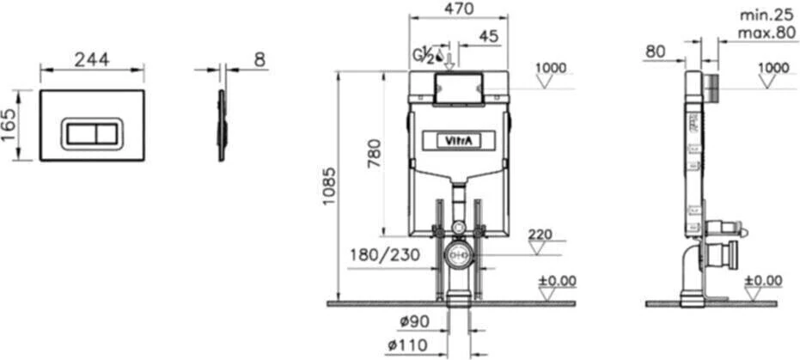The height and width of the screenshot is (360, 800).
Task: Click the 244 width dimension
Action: click(91, 59)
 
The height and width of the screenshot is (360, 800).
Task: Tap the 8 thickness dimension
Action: click(260, 59)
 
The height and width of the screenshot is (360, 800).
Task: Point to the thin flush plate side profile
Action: click(221, 125)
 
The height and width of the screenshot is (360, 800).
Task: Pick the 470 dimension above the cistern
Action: click(458, 9)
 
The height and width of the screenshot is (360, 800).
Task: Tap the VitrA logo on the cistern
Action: click(457, 139)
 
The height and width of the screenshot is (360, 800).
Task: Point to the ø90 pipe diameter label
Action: click(414, 322)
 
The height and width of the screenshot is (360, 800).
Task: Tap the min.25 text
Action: click(767, 15)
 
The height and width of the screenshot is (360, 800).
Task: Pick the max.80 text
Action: click(767, 34)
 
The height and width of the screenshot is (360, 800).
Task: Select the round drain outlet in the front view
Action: click(458, 255)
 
